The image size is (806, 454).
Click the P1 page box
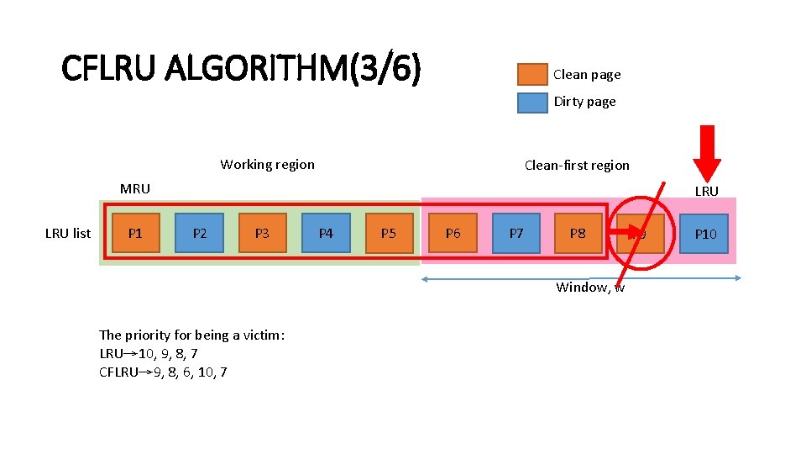[x=134, y=234]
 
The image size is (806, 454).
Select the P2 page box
[x=199, y=234]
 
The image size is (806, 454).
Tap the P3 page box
[x=262, y=234]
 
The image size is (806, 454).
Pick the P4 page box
[x=326, y=234]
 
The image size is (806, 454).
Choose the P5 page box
[x=389, y=234]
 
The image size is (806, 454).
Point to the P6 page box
[x=453, y=234]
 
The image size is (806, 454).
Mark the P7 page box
[x=516, y=234]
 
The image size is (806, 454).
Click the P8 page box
[x=578, y=234]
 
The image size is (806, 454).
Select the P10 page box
[x=705, y=234]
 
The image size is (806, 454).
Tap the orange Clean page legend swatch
[x=532, y=75]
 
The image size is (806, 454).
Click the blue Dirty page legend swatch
[x=532, y=102]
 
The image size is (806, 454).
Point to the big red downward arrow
[x=707, y=152]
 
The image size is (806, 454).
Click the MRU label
[x=135, y=188]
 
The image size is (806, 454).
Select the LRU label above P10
[x=706, y=191]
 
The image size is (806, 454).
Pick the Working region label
[x=267, y=165]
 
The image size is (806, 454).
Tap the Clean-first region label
[x=577, y=165]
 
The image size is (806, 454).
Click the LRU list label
[x=68, y=234]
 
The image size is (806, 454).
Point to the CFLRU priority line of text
[x=163, y=372]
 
